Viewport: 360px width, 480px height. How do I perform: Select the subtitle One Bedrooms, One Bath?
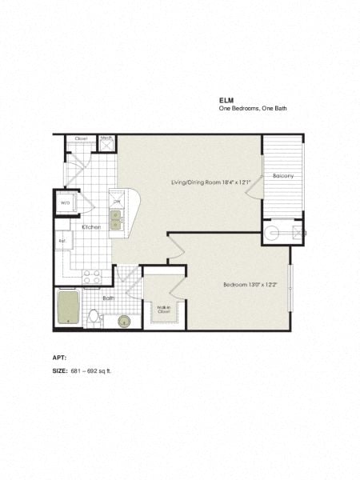click(252, 110)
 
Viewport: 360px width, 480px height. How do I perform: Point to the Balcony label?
click(282, 176)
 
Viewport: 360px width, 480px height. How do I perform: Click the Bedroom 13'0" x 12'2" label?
click(250, 284)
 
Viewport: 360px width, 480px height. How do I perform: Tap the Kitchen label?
click(91, 227)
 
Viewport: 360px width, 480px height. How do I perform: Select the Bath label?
click(109, 298)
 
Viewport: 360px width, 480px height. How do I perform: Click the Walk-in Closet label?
click(164, 310)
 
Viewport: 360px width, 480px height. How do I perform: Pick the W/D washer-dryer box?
click(66, 203)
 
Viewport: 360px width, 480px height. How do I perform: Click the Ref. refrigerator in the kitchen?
click(62, 241)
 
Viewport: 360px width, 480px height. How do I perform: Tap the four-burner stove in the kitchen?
click(92, 277)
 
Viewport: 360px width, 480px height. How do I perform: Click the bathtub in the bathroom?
click(69, 308)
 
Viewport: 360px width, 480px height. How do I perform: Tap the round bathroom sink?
click(124, 321)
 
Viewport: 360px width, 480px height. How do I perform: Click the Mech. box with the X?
click(106, 143)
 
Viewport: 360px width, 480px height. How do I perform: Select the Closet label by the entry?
click(81, 138)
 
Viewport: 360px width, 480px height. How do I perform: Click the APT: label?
click(59, 357)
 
